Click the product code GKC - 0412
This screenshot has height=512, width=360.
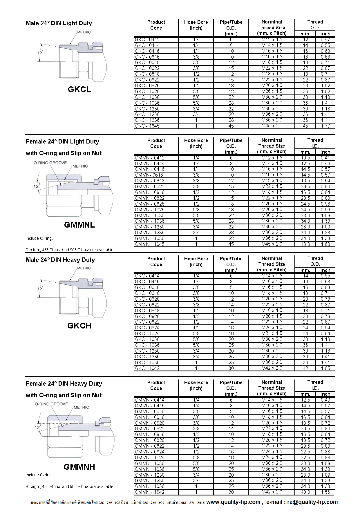(147, 40)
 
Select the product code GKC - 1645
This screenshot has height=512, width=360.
(147, 126)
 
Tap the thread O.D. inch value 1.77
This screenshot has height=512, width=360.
(325, 126)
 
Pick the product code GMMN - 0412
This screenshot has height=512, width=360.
(149, 158)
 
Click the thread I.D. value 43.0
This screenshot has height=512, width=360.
(305, 244)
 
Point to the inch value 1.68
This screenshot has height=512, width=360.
(325, 244)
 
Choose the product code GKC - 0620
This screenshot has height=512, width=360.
(147, 299)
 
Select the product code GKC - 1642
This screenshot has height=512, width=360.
(147, 368)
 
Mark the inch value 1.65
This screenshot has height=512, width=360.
(325, 368)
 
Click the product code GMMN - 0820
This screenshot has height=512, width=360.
(149, 440)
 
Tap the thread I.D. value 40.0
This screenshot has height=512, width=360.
(305, 492)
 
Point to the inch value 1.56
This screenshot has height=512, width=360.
(325, 492)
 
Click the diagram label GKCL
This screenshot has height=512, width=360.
(79, 90)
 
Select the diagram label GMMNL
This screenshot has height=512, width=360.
(79, 225)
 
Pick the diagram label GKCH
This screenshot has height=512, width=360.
(79, 326)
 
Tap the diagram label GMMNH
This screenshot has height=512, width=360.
(79, 467)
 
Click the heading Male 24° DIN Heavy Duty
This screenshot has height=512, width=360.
(60, 260)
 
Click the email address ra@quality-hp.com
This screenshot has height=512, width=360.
(312, 502)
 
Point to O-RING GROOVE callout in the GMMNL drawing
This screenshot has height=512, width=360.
(50, 163)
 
